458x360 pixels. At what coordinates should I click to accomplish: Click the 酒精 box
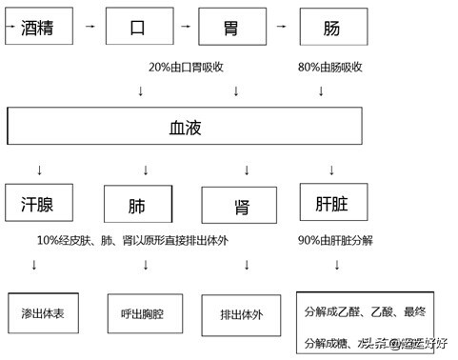[x=40, y=27]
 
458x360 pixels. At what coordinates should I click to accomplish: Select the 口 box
[x=138, y=28]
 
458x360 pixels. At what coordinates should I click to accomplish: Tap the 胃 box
[x=232, y=28]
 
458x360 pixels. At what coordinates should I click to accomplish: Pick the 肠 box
[x=332, y=28]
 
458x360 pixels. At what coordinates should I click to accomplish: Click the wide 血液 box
[x=185, y=125]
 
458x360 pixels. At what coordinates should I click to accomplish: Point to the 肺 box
[x=137, y=205]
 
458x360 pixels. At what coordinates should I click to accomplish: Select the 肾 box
[x=241, y=205]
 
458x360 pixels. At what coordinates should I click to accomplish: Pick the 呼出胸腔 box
[x=142, y=312]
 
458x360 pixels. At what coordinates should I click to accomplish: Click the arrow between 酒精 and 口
[x=90, y=26]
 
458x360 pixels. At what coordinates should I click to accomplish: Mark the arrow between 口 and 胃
[x=185, y=26]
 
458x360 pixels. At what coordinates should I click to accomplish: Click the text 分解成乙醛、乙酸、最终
[x=365, y=310]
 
